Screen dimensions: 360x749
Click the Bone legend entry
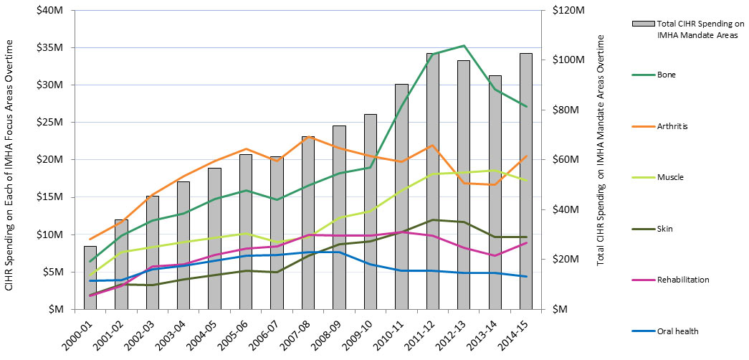(666, 75)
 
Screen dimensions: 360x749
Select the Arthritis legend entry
(671, 126)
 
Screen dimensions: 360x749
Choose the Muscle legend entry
(669, 177)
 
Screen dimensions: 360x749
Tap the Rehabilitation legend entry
(682, 280)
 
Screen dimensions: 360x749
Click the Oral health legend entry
(677, 331)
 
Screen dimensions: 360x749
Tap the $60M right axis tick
(562, 160)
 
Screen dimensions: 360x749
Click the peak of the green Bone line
(464, 46)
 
